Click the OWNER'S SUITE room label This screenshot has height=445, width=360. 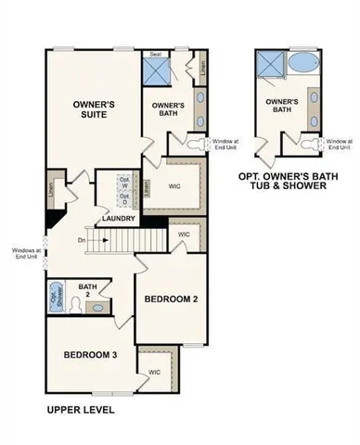[93, 111]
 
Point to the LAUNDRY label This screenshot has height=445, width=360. [120, 219]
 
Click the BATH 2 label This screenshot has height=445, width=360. [87, 290]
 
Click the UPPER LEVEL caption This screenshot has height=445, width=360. [80, 409]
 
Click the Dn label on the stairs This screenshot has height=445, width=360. [82, 241]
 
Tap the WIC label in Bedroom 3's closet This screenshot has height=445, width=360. [153, 372]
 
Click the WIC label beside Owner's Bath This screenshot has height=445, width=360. [174, 184]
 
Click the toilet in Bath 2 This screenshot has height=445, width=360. [102, 305]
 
